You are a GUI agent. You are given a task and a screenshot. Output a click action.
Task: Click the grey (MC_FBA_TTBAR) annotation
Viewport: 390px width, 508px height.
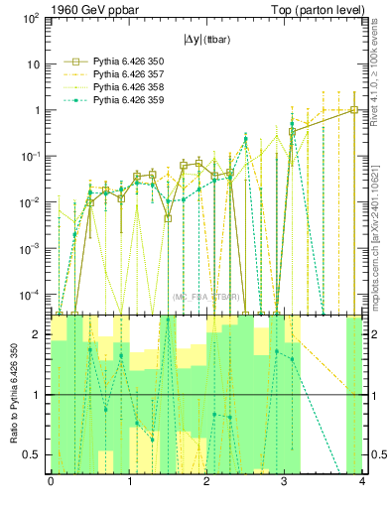click(204, 296)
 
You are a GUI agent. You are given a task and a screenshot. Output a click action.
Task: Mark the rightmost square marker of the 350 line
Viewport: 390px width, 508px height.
click(354, 110)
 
